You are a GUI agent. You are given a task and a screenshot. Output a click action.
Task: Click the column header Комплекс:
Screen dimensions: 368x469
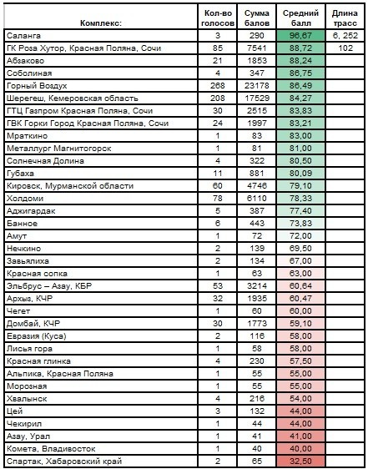click(101, 23)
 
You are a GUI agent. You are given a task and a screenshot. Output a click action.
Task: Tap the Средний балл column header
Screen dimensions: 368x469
click(300, 18)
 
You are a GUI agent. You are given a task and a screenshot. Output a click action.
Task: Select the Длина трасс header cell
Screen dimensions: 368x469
click(345, 18)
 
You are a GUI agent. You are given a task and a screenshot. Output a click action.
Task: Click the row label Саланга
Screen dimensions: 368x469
click(23, 36)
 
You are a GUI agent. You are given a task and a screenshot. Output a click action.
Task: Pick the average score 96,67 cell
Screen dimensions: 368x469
click(300, 36)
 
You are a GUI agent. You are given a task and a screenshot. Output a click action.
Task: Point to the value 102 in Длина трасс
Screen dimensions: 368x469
click(345, 48)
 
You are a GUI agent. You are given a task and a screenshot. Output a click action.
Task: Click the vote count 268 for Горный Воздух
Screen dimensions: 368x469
click(218, 86)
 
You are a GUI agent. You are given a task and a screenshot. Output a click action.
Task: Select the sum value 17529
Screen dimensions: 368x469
click(257, 98)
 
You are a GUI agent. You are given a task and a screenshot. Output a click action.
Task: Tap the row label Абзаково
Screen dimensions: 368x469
click(25, 61)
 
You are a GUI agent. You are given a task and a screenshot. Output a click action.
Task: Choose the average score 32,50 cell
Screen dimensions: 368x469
click(300, 461)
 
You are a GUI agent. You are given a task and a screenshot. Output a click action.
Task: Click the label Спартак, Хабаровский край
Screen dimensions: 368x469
click(64, 461)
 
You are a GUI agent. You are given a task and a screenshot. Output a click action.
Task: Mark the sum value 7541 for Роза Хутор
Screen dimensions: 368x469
click(257, 48)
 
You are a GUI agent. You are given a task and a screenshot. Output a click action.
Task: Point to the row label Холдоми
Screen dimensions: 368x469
click(25, 199)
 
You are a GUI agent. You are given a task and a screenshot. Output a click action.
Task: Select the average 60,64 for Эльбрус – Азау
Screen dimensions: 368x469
click(300, 286)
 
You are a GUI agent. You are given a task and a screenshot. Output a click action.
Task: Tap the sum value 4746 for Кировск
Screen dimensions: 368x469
click(257, 186)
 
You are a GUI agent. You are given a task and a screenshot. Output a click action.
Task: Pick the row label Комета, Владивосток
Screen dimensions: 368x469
click(51, 449)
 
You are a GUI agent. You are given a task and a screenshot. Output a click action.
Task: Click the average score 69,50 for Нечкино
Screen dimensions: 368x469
click(300, 248)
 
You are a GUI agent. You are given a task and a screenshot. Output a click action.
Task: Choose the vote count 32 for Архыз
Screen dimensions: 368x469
click(218, 299)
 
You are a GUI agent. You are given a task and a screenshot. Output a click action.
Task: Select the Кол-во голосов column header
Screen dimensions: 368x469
click(218, 18)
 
